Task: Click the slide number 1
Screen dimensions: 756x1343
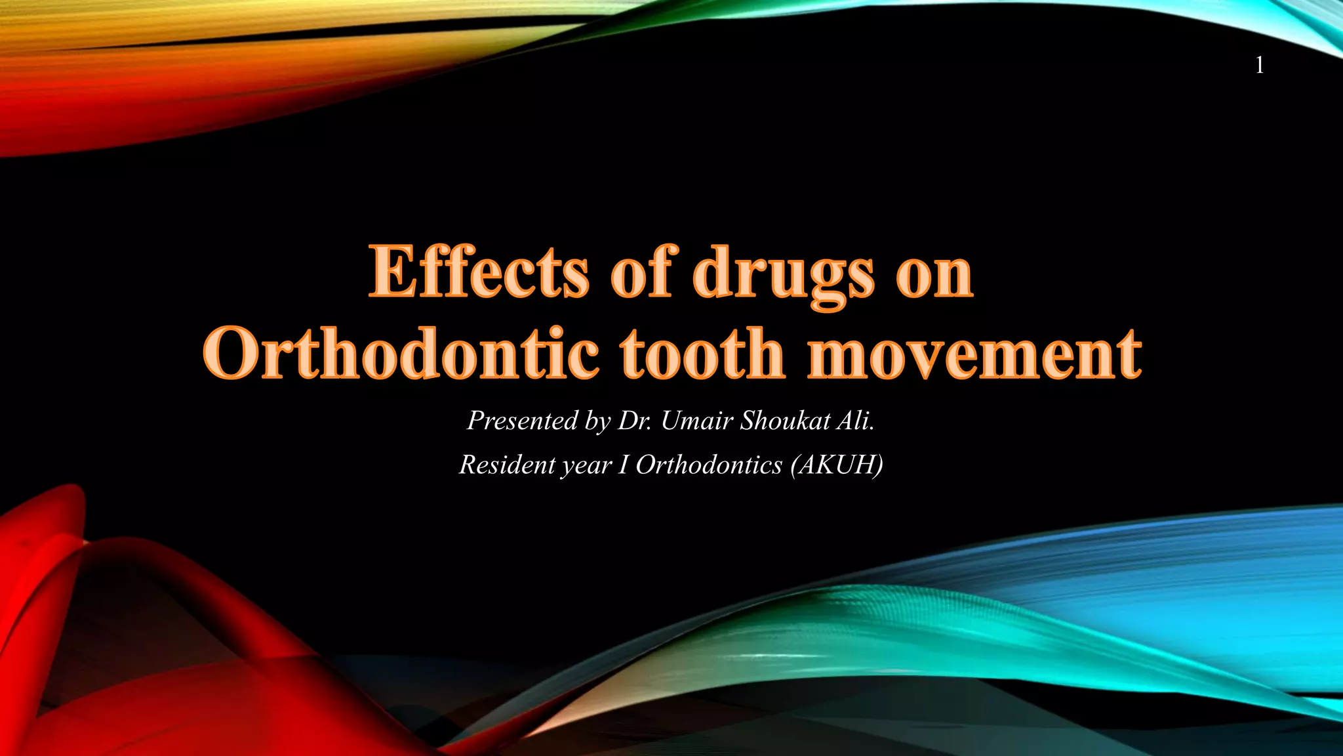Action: (x=1259, y=65)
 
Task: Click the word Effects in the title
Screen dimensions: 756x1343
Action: (x=479, y=272)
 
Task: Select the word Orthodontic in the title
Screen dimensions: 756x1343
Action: (x=401, y=354)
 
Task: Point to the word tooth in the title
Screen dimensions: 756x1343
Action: (x=702, y=354)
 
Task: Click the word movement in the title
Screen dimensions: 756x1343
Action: (x=975, y=354)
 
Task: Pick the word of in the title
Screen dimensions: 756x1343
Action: (x=641, y=272)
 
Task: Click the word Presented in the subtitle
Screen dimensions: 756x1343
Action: (x=521, y=421)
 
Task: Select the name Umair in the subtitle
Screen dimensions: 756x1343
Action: (x=696, y=421)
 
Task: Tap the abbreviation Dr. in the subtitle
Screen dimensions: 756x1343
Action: (x=635, y=421)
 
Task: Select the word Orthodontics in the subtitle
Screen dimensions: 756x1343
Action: (x=709, y=465)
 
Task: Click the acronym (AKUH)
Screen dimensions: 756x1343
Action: (x=837, y=465)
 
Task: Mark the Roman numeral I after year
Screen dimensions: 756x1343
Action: (x=623, y=465)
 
